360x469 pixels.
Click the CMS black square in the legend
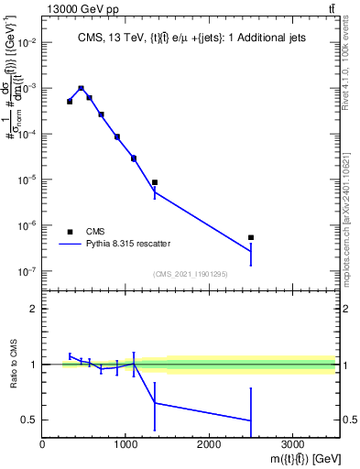click(70, 232)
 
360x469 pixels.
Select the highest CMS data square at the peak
click(82, 89)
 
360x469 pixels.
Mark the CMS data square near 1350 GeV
click(155, 182)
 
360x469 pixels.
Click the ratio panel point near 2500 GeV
click(251, 420)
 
